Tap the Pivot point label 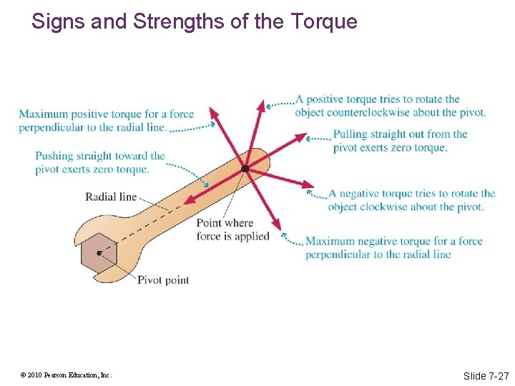coord(163,280)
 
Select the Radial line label coord(111,197)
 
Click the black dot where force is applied coord(245,169)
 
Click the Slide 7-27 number coord(486,375)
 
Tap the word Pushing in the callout coord(54,156)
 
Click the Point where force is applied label coord(233,230)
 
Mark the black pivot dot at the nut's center coord(98,253)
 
